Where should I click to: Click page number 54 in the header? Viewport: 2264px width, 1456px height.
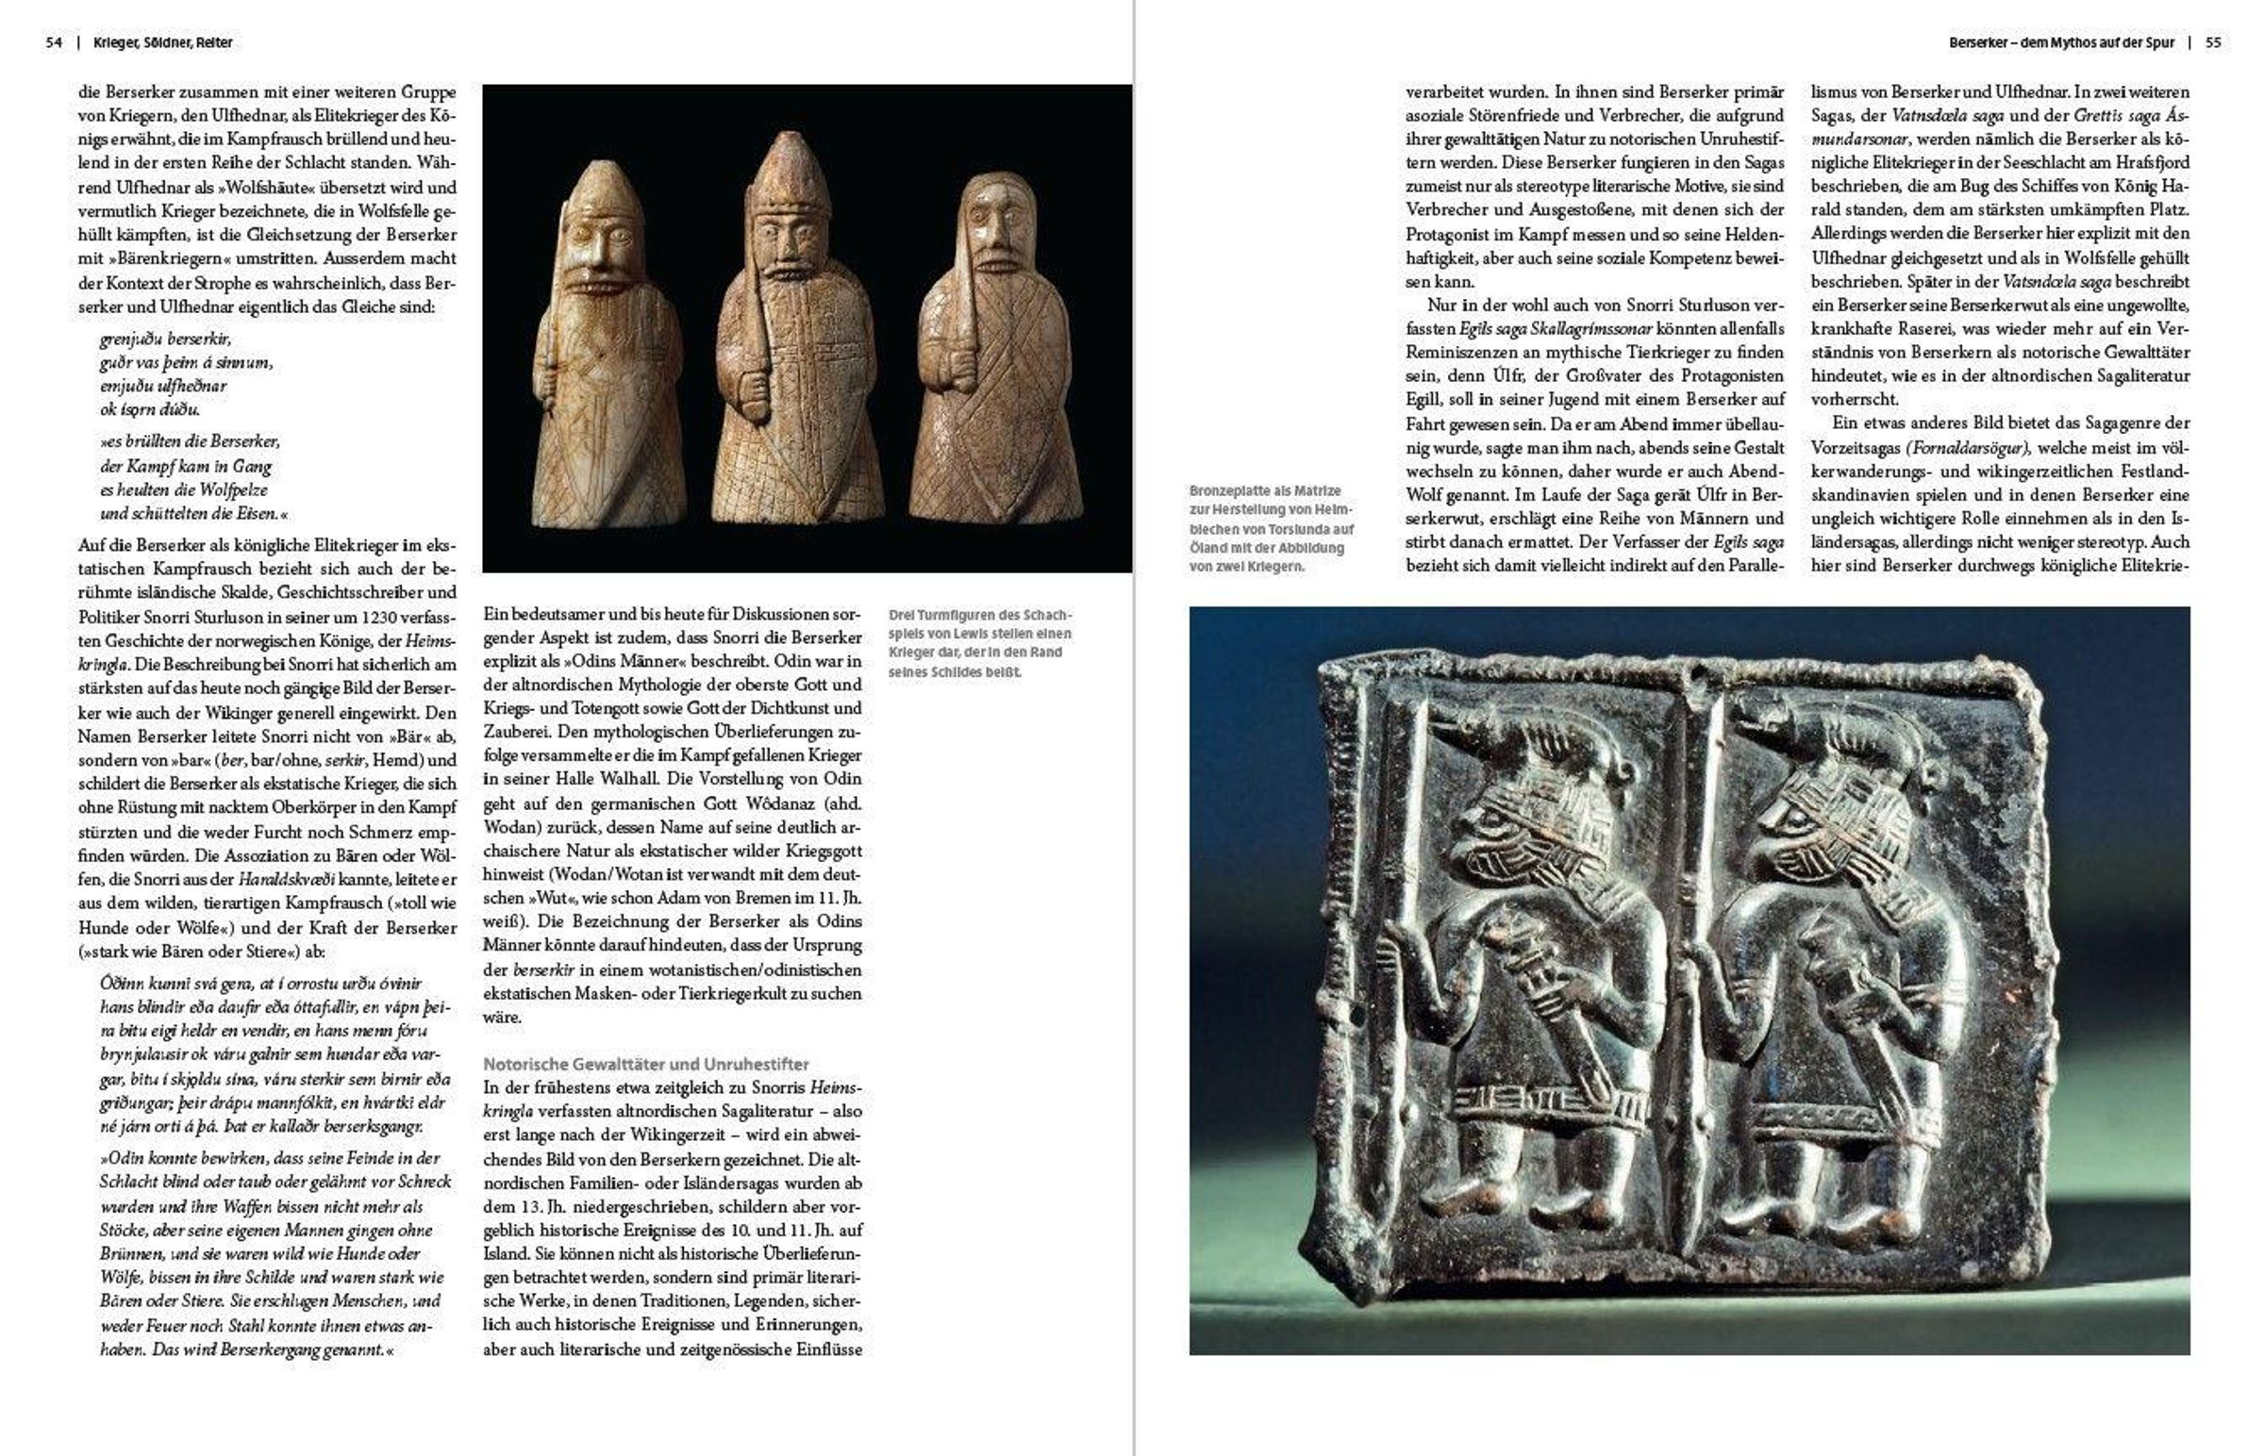54,42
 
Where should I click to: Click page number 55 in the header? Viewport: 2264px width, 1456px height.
2213,42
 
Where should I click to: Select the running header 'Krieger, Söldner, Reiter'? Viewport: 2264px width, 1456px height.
162,42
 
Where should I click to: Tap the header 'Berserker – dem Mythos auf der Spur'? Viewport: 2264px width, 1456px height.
2061,42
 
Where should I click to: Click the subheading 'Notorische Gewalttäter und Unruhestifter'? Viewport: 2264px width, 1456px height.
646,1064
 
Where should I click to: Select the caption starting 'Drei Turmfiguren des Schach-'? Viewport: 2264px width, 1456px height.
980,643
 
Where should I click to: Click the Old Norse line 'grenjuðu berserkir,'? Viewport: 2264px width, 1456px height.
164,339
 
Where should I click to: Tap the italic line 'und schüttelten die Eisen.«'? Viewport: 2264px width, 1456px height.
193,514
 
